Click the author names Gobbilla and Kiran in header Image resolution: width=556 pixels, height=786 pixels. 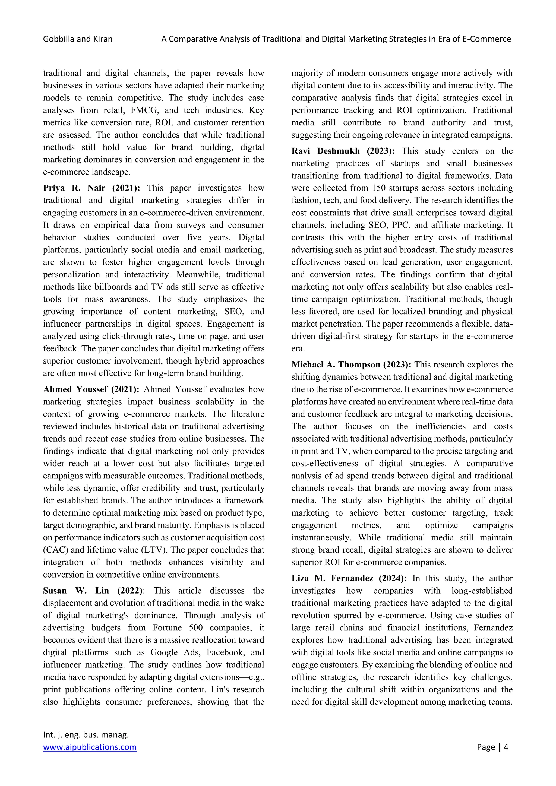click(78, 39)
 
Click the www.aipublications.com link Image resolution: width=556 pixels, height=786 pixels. click(90, 747)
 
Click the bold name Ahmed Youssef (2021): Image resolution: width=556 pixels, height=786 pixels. click(91, 389)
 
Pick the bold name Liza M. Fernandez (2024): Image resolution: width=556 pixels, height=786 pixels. click(349, 578)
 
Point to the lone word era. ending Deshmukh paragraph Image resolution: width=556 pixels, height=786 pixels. click(298, 348)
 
